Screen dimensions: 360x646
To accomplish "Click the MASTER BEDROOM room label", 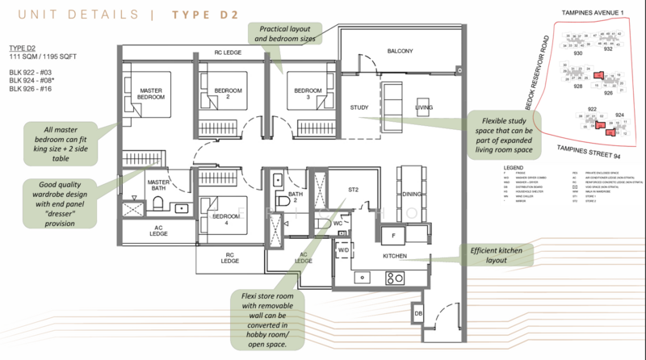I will pyautogui.click(x=152, y=94).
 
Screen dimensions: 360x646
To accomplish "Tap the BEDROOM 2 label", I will pyautogui.click(x=213, y=94).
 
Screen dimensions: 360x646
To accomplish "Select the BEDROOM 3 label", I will pyautogui.click(x=307, y=94).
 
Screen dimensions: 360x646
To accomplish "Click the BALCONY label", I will pyautogui.click(x=399, y=52).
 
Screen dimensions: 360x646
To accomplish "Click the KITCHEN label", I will pyautogui.click(x=395, y=256).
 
